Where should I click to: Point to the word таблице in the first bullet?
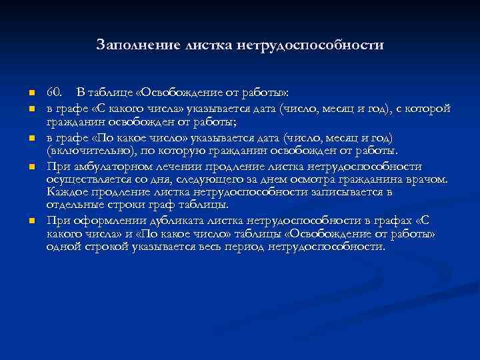click(x=111, y=91)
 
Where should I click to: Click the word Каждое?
click(x=65, y=192)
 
